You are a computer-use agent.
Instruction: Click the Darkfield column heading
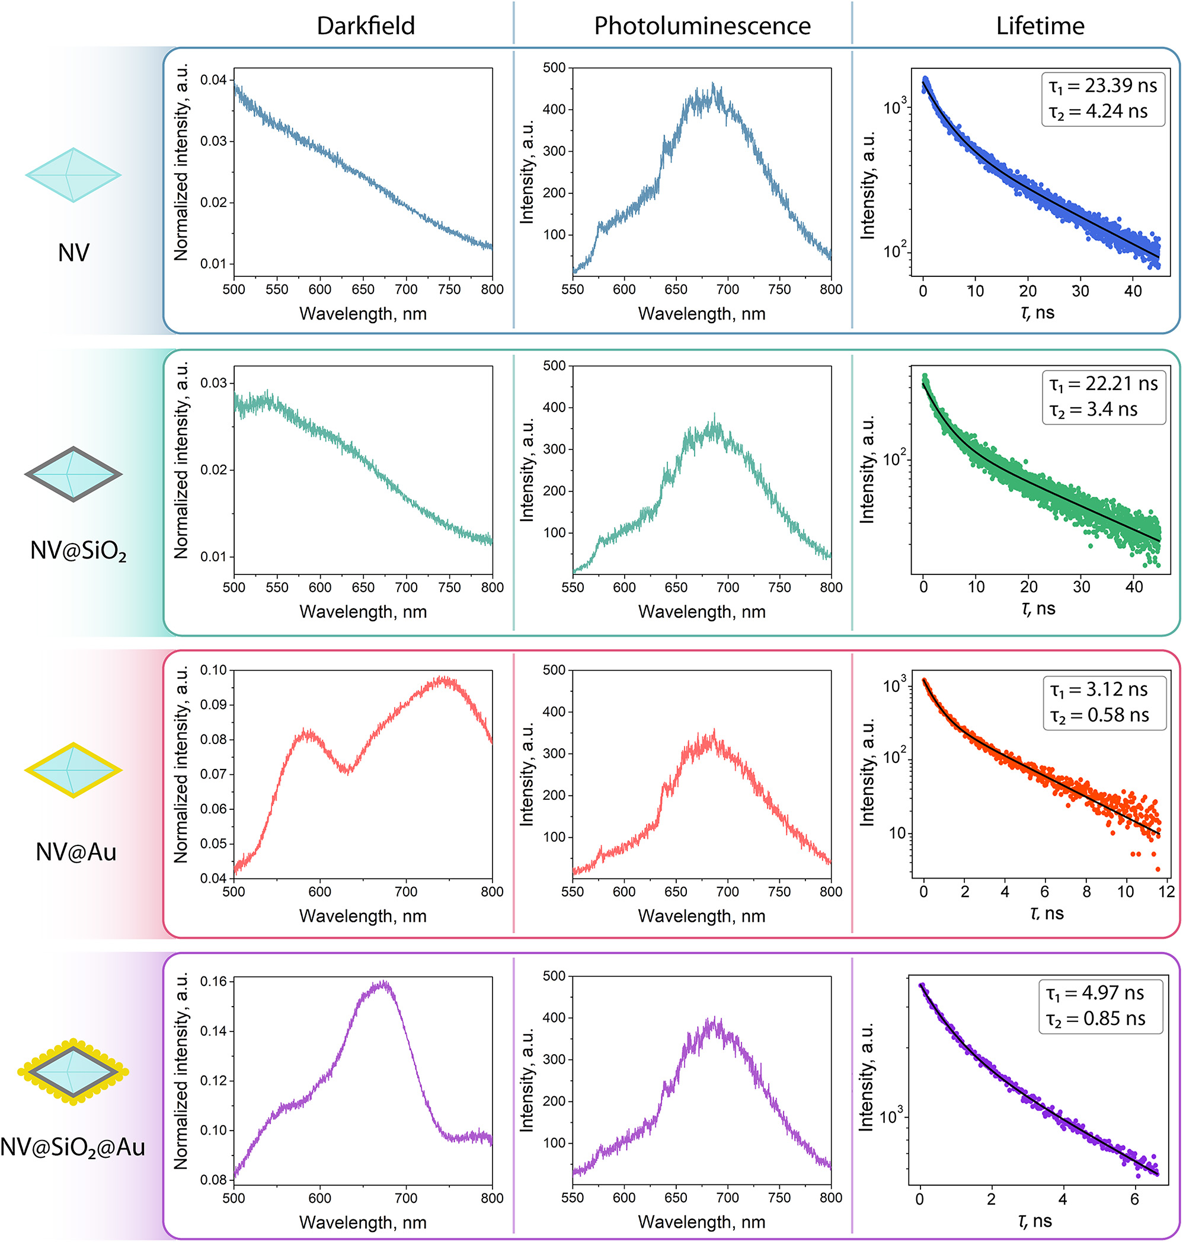coord(365,26)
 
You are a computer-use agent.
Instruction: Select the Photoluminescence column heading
coord(702,26)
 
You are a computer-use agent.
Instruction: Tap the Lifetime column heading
coord(1040,26)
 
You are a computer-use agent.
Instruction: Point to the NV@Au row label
coord(76,852)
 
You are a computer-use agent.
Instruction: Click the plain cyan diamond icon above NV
coord(73,175)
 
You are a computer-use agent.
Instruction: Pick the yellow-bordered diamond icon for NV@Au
coord(73,770)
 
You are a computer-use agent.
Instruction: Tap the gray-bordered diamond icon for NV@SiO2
coord(73,474)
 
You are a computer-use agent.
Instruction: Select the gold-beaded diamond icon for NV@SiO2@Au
coord(73,1072)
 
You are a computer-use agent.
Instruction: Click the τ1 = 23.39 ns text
coord(1102,86)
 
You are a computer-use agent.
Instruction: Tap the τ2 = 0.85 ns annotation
coord(1095,1018)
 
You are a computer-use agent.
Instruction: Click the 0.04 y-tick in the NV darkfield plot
coord(213,79)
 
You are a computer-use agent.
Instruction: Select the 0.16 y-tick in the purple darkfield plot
coord(213,982)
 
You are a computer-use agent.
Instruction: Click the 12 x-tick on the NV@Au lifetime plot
coord(1166,891)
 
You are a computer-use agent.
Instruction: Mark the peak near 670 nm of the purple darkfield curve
coord(383,985)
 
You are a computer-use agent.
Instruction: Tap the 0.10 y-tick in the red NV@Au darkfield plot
coord(213,670)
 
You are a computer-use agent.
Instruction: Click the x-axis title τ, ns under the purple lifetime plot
coord(1035,1221)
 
